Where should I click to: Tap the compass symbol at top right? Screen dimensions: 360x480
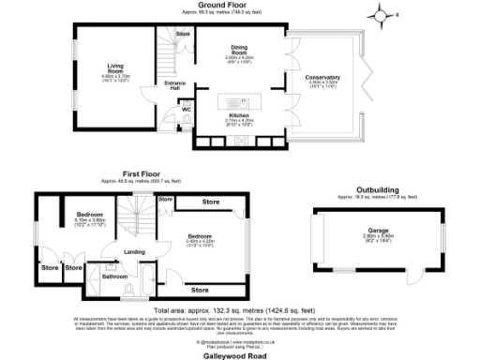coord(381,16)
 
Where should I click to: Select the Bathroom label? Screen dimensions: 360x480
coord(114,277)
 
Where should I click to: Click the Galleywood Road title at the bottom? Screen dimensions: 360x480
coord(240,349)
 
